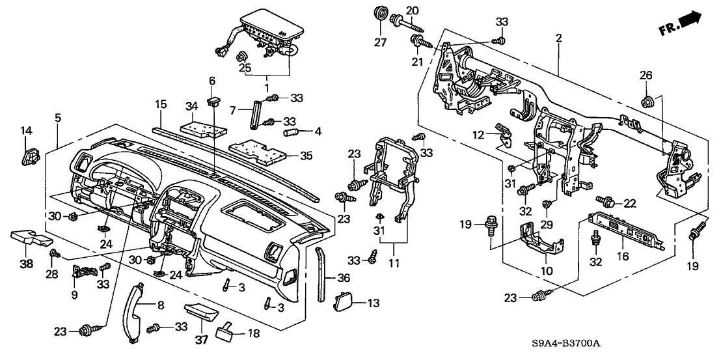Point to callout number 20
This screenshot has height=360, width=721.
tap(411, 10)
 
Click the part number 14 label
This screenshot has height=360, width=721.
tap(26, 131)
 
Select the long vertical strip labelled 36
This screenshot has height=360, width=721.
tap(320, 273)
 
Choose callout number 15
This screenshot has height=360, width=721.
tap(161, 104)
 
